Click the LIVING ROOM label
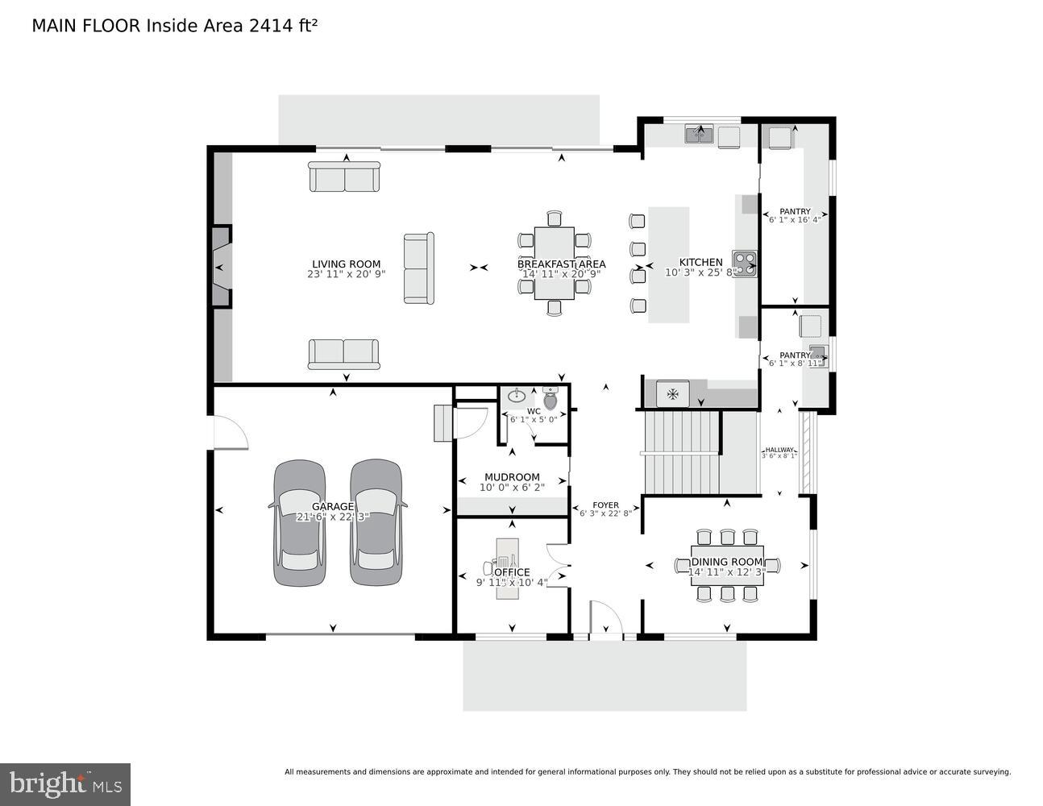pyautogui.click(x=346, y=264)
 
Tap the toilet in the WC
pyautogui.click(x=551, y=398)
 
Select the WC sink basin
pyautogui.click(x=517, y=396)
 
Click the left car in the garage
pyautogui.click(x=300, y=522)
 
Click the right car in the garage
pyautogui.click(x=376, y=522)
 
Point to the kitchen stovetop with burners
pyautogui.click(x=744, y=263)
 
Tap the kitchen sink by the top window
pyautogui.click(x=699, y=134)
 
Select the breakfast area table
pyautogui.click(x=554, y=263)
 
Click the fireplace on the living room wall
pyautogui.click(x=221, y=267)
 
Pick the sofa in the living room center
pyautogui.click(x=418, y=268)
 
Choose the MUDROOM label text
pyautogui.click(x=512, y=477)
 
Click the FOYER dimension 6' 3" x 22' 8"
pyautogui.click(x=605, y=513)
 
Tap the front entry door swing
pyautogui.click(x=607, y=619)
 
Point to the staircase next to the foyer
pyautogui.click(x=680, y=452)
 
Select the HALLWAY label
pyautogui.click(x=779, y=450)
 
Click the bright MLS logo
pyautogui.click(x=65, y=783)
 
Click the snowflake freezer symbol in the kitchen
pyautogui.click(x=671, y=394)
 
